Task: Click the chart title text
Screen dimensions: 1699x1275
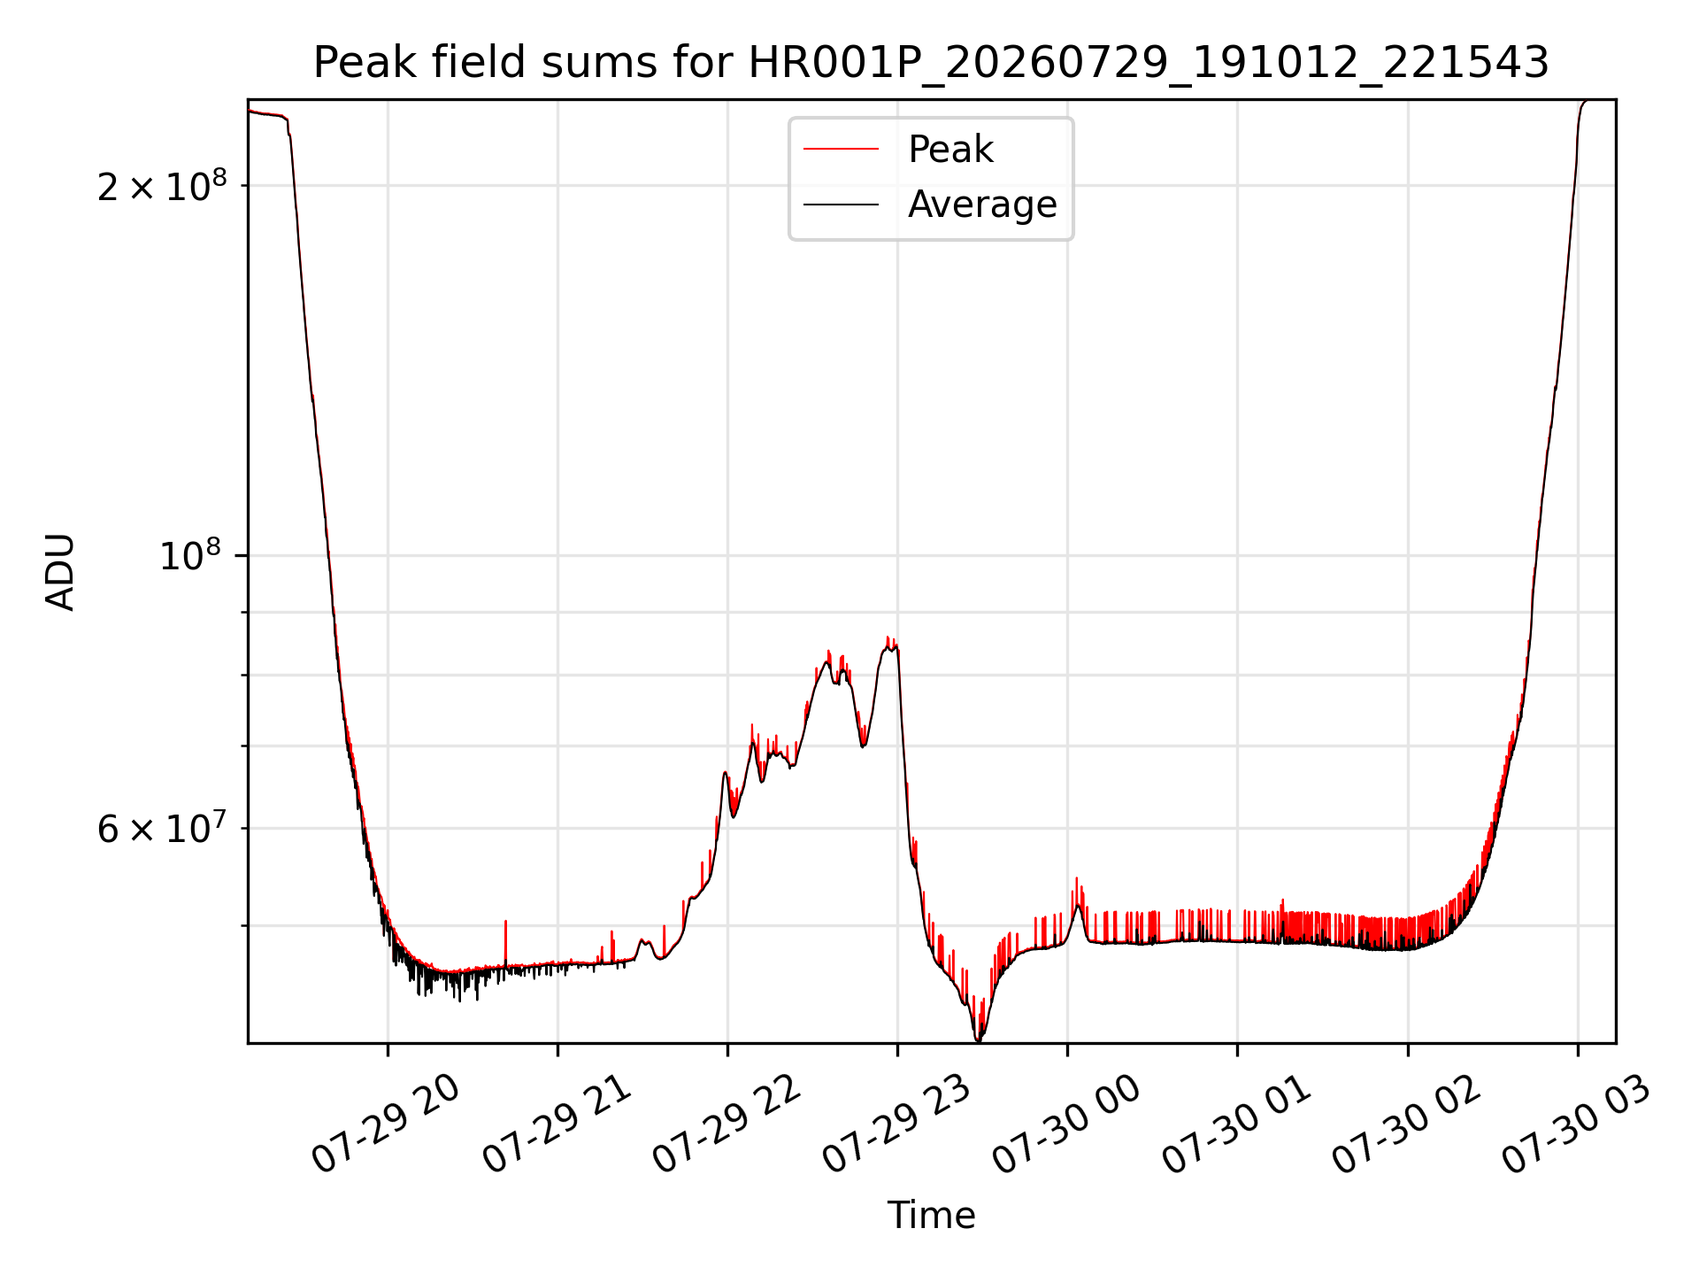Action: [x=931, y=63]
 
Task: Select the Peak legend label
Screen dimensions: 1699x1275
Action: [x=950, y=149]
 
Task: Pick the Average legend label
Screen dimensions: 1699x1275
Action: [x=982, y=205]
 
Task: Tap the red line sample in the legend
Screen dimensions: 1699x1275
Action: [x=841, y=150]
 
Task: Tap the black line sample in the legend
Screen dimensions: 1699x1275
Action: [x=841, y=205]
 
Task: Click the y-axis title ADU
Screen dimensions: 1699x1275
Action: [x=60, y=572]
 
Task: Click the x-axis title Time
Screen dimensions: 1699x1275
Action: [x=931, y=1216]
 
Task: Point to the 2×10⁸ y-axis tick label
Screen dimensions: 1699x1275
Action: [x=162, y=185]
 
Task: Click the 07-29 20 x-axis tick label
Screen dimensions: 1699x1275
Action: [x=387, y=1124]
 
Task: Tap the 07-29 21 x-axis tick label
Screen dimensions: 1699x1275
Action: [x=557, y=1124]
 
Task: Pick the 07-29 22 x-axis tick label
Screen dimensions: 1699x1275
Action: [x=727, y=1124]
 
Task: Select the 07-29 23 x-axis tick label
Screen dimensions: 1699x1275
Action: [x=897, y=1124]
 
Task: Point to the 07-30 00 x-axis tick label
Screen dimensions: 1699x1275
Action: [x=1067, y=1124]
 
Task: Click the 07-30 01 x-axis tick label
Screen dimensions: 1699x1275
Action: [x=1237, y=1124]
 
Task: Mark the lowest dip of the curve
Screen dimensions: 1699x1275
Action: [x=978, y=1039]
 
